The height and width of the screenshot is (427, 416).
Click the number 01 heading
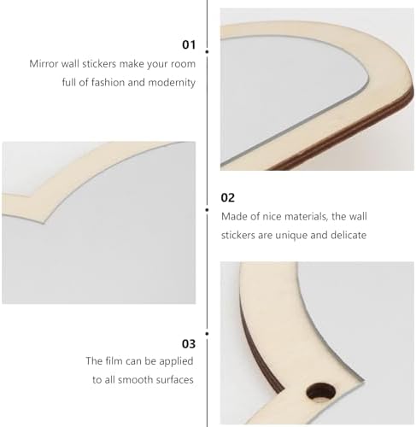(189, 45)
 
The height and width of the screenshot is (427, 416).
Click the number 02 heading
(228, 197)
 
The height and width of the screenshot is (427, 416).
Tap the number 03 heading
(189, 344)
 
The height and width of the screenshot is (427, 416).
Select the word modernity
(172, 83)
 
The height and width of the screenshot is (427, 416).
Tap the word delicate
(349, 235)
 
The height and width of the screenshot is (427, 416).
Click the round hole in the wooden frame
(321, 393)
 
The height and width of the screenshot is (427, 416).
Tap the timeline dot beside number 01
(207, 52)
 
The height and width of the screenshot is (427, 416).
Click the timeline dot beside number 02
(207, 210)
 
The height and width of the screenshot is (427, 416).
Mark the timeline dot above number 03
(207, 334)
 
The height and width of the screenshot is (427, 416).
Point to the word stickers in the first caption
(99, 64)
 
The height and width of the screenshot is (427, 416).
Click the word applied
(176, 361)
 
